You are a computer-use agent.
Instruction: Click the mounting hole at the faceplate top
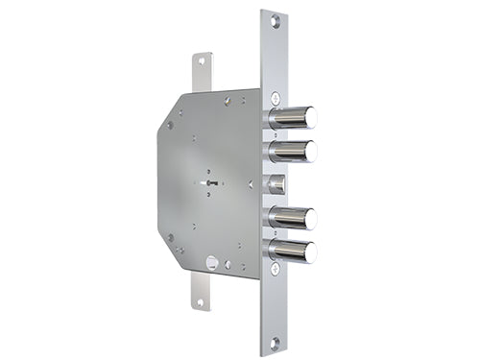pos(274,20)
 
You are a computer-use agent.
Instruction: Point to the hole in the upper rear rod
pos(201,60)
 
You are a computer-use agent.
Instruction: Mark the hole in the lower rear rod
pos(201,301)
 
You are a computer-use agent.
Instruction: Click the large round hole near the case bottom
pos(210,260)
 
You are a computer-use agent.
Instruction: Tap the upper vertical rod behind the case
pos(202,73)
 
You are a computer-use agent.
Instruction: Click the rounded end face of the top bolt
pos(311,117)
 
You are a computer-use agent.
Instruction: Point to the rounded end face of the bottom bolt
pos(311,252)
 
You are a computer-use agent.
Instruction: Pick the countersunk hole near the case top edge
pos(228,100)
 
